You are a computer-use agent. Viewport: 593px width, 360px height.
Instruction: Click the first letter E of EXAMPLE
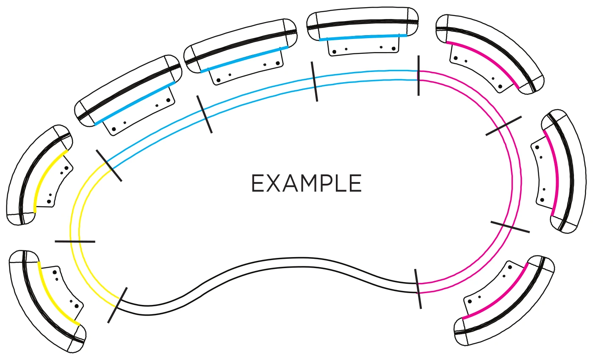pos(258,184)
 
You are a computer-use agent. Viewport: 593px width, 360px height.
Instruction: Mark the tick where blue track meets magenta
pos(418,75)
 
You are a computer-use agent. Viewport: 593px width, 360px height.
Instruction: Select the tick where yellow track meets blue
pos(109,166)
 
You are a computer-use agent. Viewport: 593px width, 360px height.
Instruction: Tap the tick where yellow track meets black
pos(117,305)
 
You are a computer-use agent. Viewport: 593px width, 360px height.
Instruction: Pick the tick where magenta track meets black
pos(418,288)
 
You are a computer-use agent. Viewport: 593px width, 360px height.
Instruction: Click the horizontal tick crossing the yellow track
pos(75,241)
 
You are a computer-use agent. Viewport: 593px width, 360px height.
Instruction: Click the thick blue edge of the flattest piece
pos(363,37)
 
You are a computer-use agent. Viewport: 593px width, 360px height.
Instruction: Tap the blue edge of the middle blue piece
pos(245,58)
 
